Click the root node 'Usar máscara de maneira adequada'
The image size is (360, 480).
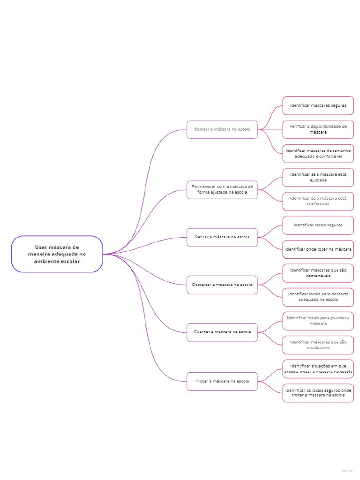click(57, 254)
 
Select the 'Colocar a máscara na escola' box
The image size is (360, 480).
click(222, 129)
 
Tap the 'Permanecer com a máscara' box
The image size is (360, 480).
click(222, 189)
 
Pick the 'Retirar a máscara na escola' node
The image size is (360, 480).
click(222, 237)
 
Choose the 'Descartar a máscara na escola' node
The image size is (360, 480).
click(222, 285)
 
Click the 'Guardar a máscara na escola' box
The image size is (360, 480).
click(222, 332)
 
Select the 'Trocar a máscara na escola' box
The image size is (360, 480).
click(222, 381)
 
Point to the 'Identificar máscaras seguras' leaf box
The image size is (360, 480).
click(318, 105)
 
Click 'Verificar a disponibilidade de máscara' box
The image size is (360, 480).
click(318, 129)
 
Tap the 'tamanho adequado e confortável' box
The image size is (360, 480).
click(318, 153)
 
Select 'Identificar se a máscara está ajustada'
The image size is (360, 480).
click(318, 177)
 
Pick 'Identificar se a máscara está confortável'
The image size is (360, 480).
click(318, 201)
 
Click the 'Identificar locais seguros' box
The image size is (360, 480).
click(318, 225)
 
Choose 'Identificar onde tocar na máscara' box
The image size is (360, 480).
click(318, 249)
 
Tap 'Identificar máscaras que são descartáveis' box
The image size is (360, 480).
click(318, 273)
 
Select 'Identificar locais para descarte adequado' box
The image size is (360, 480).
click(318, 297)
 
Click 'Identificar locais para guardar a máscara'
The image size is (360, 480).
click(318, 321)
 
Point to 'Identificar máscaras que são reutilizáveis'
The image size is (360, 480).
click(318, 345)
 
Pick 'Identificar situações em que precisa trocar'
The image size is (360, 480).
click(318, 368)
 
